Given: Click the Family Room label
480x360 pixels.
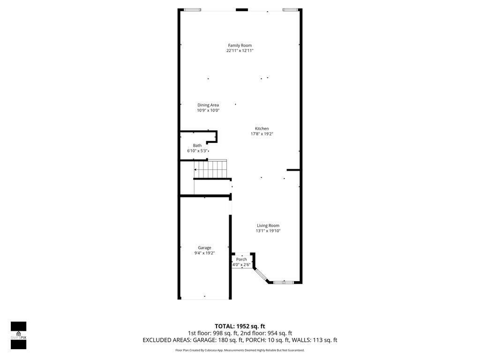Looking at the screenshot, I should [240, 45].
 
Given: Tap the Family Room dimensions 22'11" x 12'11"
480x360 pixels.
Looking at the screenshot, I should [240, 51].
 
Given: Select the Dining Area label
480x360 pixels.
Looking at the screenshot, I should [208, 105].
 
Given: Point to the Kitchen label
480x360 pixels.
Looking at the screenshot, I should [262, 128].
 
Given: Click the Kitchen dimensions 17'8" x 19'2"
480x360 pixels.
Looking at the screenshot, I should [262, 134].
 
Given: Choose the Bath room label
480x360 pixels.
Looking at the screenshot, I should [197, 145].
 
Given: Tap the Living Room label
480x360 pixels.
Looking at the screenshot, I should [268, 225].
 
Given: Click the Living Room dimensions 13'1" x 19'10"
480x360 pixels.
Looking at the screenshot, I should [268, 231].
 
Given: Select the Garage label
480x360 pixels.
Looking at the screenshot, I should [204, 247].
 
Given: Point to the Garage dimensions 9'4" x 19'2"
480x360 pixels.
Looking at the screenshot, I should [204, 253].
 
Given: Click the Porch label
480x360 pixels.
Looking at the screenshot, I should [241, 259].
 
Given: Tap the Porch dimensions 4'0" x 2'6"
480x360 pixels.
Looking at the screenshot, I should [241, 265].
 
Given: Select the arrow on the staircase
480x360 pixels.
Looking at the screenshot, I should [195, 169].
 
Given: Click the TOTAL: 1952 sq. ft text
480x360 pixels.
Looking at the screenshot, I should [240, 326].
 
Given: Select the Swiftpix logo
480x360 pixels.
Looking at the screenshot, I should [18, 335].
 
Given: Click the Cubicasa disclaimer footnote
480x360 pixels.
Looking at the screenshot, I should [240, 350].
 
